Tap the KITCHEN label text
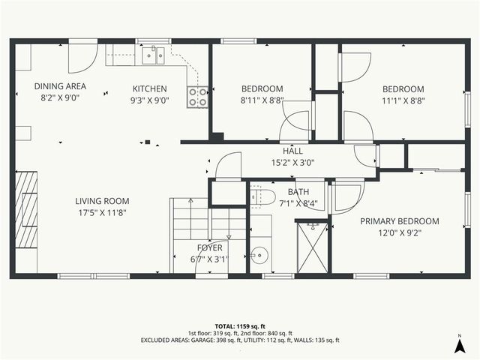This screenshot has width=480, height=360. [150, 88]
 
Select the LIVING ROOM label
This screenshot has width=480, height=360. [102, 201]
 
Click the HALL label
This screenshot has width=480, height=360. [292, 150]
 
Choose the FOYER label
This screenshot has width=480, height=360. [210, 247]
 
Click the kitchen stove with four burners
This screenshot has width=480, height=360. [198, 97]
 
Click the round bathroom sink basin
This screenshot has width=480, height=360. [259, 255]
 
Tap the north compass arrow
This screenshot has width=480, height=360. [459, 344]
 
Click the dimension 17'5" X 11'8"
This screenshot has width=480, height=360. [102, 213]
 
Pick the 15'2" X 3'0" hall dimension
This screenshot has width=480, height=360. [292, 161]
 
